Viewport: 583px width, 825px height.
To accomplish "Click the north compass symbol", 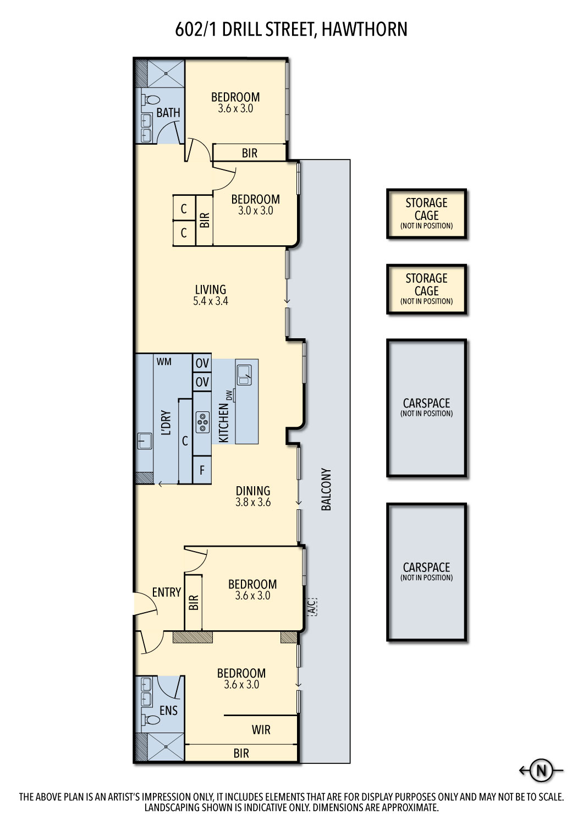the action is pyautogui.click(x=541, y=770).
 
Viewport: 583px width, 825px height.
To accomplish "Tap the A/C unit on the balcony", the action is pyautogui.click(x=311, y=607).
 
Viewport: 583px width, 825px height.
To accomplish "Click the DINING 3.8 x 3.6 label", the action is pyautogui.click(x=253, y=496).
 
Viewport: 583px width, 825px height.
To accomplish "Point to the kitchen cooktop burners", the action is pyautogui.click(x=202, y=422).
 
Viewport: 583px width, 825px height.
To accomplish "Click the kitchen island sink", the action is pyautogui.click(x=244, y=375).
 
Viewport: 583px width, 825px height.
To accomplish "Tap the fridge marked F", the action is pyautogui.click(x=202, y=470).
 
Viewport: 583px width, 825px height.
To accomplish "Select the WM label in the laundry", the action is pyautogui.click(x=164, y=362).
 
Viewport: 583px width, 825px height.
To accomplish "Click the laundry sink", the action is pyautogui.click(x=145, y=441).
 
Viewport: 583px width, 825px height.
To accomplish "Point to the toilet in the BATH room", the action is pyautogui.click(x=151, y=100).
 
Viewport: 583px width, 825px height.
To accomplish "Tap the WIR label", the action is pyautogui.click(x=261, y=730).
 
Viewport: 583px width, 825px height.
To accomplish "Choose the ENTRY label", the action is pyautogui.click(x=167, y=592).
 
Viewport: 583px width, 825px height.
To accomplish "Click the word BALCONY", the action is pyautogui.click(x=326, y=490).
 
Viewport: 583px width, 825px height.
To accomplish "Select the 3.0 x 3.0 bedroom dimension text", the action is pyautogui.click(x=256, y=211).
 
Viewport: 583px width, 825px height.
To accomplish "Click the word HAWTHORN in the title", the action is pyautogui.click(x=365, y=30).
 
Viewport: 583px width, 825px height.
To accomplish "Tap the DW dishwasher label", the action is pyautogui.click(x=230, y=395).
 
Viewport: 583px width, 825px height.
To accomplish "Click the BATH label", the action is pyautogui.click(x=168, y=113).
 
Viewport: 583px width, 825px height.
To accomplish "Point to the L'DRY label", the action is pyautogui.click(x=166, y=423).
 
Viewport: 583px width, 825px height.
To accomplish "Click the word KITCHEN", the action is pyautogui.click(x=223, y=423).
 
